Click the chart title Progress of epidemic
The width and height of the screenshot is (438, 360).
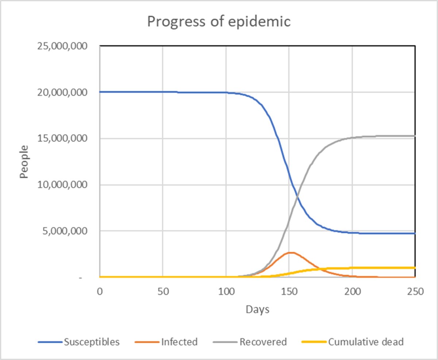[x=219, y=22]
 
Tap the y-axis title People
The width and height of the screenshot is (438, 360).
[x=24, y=162]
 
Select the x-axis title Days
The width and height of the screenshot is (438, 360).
[x=258, y=309]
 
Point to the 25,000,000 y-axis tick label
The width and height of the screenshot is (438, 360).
[x=62, y=46]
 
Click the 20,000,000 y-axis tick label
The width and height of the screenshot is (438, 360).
[x=62, y=92]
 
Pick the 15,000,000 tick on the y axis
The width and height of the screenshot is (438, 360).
[x=62, y=138]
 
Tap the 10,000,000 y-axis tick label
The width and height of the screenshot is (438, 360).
[x=62, y=185]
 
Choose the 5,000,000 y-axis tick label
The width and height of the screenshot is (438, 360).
[x=65, y=231]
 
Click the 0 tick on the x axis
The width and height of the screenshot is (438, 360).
[x=100, y=292]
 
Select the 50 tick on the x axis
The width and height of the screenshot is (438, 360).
[x=163, y=292]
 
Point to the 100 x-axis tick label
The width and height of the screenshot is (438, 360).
[x=226, y=292]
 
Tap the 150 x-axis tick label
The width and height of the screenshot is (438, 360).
[x=289, y=292]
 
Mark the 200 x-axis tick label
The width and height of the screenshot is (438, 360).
[x=353, y=292]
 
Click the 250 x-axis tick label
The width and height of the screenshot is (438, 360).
[x=415, y=292]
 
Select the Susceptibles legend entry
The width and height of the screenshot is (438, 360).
[x=79, y=342]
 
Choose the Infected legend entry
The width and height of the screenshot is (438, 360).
[x=166, y=342]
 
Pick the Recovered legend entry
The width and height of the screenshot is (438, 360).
[x=250, y=342]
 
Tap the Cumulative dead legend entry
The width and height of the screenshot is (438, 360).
[x=353, y=342]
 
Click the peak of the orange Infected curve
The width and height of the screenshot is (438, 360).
[x=291, y=253]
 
